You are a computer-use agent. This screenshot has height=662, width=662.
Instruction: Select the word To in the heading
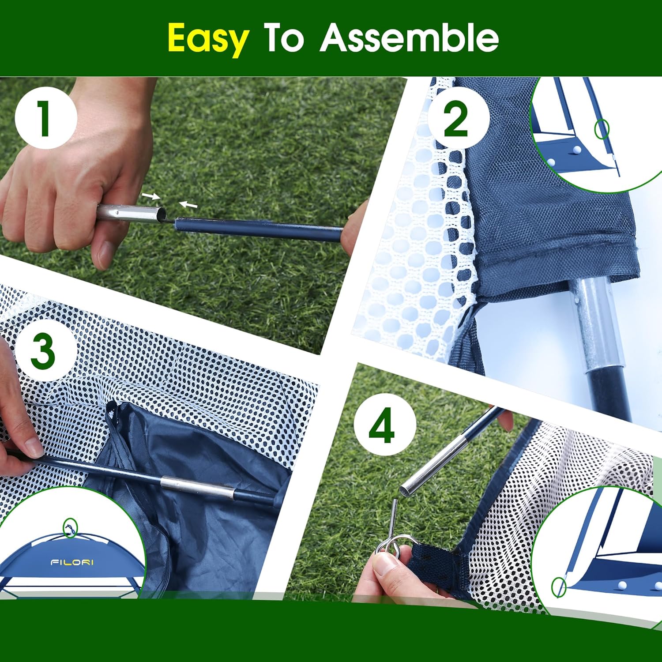[284, 38]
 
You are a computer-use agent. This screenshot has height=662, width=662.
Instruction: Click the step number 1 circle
[45, 118]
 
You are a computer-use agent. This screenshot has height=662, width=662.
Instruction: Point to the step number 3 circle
[43, 351]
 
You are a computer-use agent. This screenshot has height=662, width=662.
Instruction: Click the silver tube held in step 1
[128, 213]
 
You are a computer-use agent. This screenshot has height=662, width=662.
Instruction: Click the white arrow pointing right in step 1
[150, 196]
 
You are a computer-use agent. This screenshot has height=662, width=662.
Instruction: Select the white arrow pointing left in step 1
[188, 205]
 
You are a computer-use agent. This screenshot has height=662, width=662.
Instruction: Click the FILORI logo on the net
[72, 562]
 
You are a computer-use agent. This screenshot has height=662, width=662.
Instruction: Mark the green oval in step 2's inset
[602, 129]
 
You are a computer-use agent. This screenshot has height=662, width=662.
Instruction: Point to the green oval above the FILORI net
[70, 528]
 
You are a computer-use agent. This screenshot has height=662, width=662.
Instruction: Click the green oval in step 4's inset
[558, 587]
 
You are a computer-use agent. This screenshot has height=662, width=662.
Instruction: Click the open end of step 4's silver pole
[406, 488]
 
